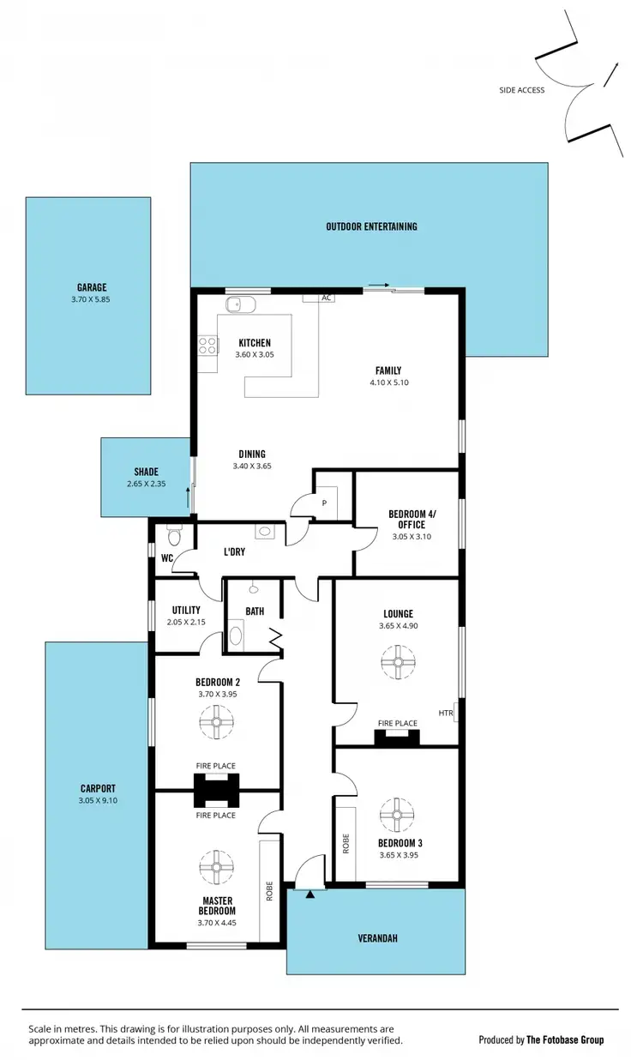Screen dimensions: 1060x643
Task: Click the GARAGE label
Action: coord(90,288)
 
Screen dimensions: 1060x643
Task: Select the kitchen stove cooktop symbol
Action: coord(207,345)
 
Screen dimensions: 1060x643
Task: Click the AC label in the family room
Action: coord(326,298)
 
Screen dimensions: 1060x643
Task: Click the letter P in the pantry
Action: coord(324,503)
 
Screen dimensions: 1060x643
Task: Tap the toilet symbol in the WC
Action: coord(174,537)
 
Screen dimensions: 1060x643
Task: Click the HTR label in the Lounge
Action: coord(445,713)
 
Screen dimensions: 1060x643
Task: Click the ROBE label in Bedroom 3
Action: coord(346,843)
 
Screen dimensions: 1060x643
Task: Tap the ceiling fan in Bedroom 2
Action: coord(216,722)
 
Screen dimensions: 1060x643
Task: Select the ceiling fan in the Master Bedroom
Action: coord(216,866)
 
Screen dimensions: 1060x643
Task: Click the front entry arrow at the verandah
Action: coord(310,894)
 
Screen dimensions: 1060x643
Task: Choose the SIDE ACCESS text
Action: coord(522,90)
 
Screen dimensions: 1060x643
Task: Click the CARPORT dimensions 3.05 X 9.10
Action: coord(99,801)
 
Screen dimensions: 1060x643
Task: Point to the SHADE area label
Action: coord(146,472)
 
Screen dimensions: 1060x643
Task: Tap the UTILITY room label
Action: coord(186,611)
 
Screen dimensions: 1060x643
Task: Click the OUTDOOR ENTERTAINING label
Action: coord(371,226)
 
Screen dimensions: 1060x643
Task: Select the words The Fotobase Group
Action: coord(565,1039)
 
